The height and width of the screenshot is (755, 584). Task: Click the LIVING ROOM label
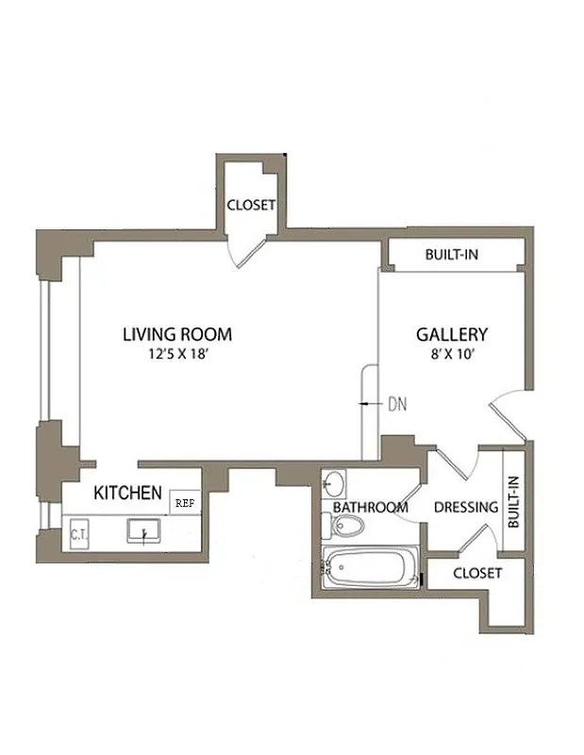point(177,334)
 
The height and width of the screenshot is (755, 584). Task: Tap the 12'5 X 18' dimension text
point(177,355)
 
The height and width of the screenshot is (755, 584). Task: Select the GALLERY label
point(452,334)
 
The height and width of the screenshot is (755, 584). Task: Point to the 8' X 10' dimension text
point(452,355)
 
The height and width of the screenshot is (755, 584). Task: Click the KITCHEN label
point(127,493)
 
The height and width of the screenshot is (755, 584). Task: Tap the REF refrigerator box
point(185,503)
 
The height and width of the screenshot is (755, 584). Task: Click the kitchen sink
point(143,532)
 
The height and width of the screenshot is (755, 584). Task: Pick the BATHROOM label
point(371,508)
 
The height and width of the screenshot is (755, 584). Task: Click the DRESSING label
point(465,508)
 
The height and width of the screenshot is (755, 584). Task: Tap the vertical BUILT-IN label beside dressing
point(514,501)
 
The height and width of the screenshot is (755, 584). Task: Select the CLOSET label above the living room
point(251,205)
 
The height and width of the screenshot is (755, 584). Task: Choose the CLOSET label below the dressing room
point(477,573)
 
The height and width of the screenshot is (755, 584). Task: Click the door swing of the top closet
point(248,249)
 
